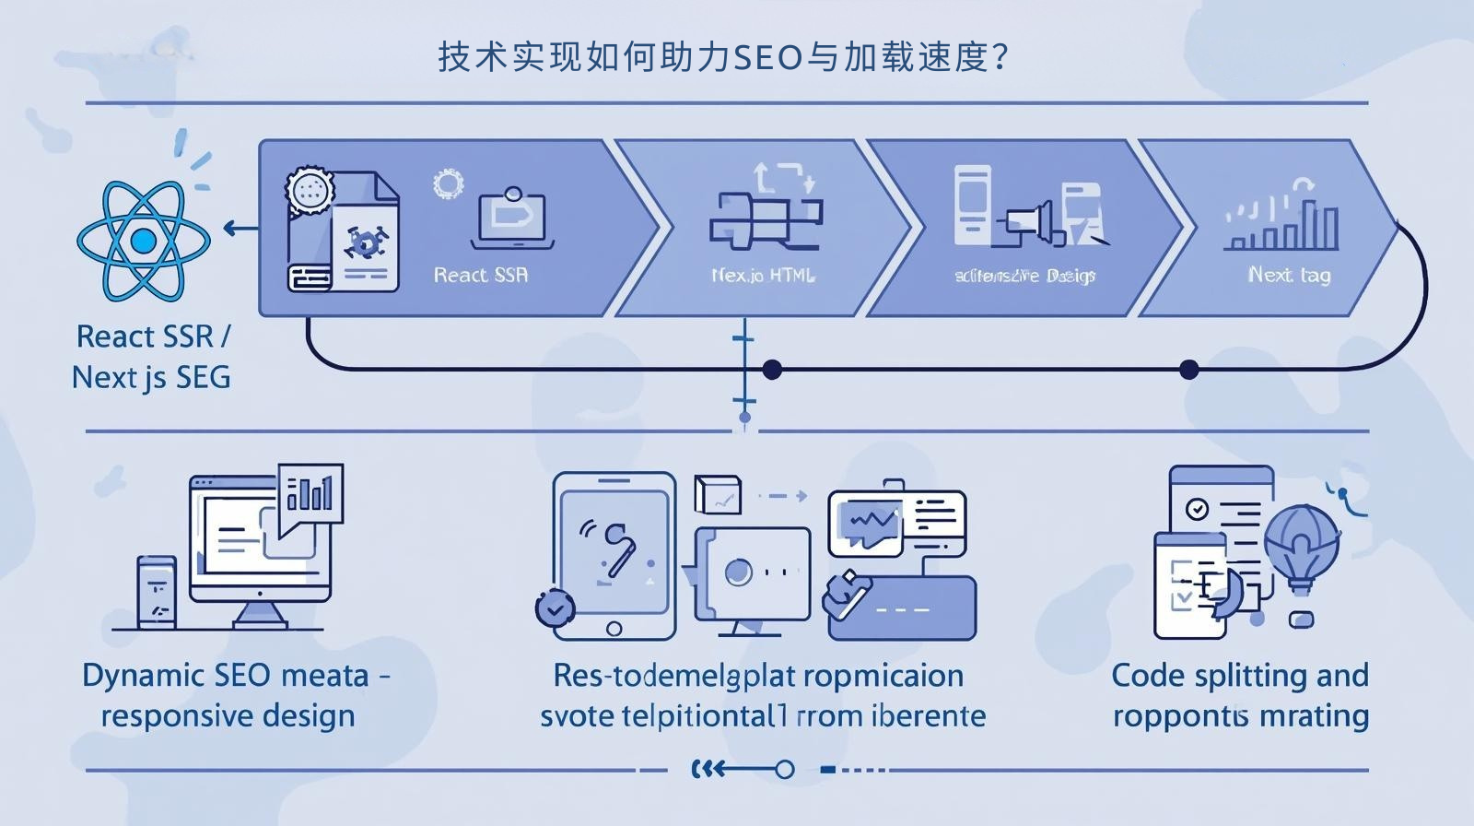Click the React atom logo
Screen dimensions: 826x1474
pyautogui.click(x=143, y=241)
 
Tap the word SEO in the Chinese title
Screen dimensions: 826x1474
pyautogui.click(x=766, y=58)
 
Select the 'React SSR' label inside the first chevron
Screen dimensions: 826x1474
pyautogui.click(x=481, y=275)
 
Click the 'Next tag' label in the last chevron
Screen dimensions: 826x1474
pyautogui.click(x=1289, y=275)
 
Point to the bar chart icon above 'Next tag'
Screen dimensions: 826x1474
pyautogui.click(x=1282, y=221)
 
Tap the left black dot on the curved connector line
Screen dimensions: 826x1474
pyautogui.click(x=772, y=370)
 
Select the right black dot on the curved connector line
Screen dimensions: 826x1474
pyautogui.click(x=1188, y=370)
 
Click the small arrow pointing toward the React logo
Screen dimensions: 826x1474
pyautogui.click(x=240, y=229)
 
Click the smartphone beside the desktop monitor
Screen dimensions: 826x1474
pyautogui.click(x=157, y=592)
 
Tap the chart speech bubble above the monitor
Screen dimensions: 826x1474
pyautogui.click(x=310, y=493)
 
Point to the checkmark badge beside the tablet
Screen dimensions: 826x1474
pyautogui.click(x=556, y=608)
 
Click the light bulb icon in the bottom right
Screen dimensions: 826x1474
pyautogui.click(x=1300, y=549)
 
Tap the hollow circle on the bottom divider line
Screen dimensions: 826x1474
pyautogui.click(x=784, y=769)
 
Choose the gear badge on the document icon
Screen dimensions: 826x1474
pyautogui.click(x=309, y=191)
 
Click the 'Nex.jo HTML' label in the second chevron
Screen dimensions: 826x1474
pyautogui.click(x=763, y=275)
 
